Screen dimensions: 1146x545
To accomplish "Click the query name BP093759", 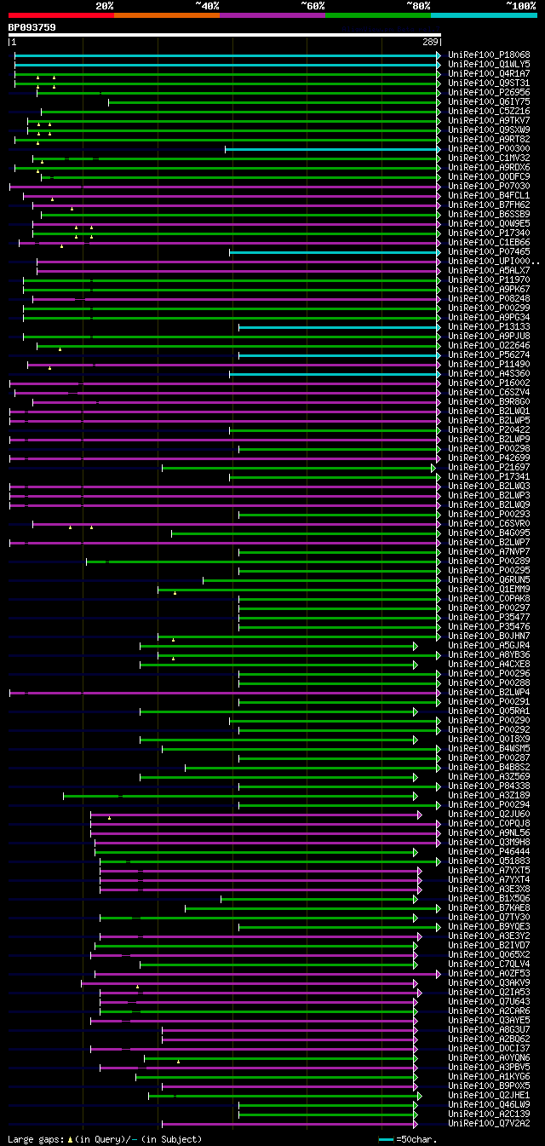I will tap(32, 27).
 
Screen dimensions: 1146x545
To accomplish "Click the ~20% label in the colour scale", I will tap(104, 5).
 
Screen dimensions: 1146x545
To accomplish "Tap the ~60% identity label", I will tap(313, 5).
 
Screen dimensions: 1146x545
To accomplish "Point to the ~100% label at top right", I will tap(520, 5).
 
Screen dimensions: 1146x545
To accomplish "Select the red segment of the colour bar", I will tap(60, 14).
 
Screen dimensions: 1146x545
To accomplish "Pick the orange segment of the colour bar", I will tap(166, 14).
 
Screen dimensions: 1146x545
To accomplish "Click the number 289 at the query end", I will tap(430, 42).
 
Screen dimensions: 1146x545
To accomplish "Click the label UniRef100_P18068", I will tap(489, 55).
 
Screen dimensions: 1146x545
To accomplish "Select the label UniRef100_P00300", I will tap(489, 148).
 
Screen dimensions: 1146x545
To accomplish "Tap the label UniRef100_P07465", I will tap(489, 251).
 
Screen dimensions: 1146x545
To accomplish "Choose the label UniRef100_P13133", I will tap(489, 326).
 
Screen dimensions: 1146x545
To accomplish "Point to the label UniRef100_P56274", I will tap(489, 354).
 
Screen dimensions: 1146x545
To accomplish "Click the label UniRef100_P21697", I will tap(489, 467).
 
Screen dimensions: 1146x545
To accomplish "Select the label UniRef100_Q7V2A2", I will tap(489, 1123).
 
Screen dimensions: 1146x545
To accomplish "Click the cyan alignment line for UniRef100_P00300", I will tap(332, 148).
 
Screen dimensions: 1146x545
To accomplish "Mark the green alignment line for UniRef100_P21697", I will tap(298, 468).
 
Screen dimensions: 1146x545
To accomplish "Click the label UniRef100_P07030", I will tap(489, 186).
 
